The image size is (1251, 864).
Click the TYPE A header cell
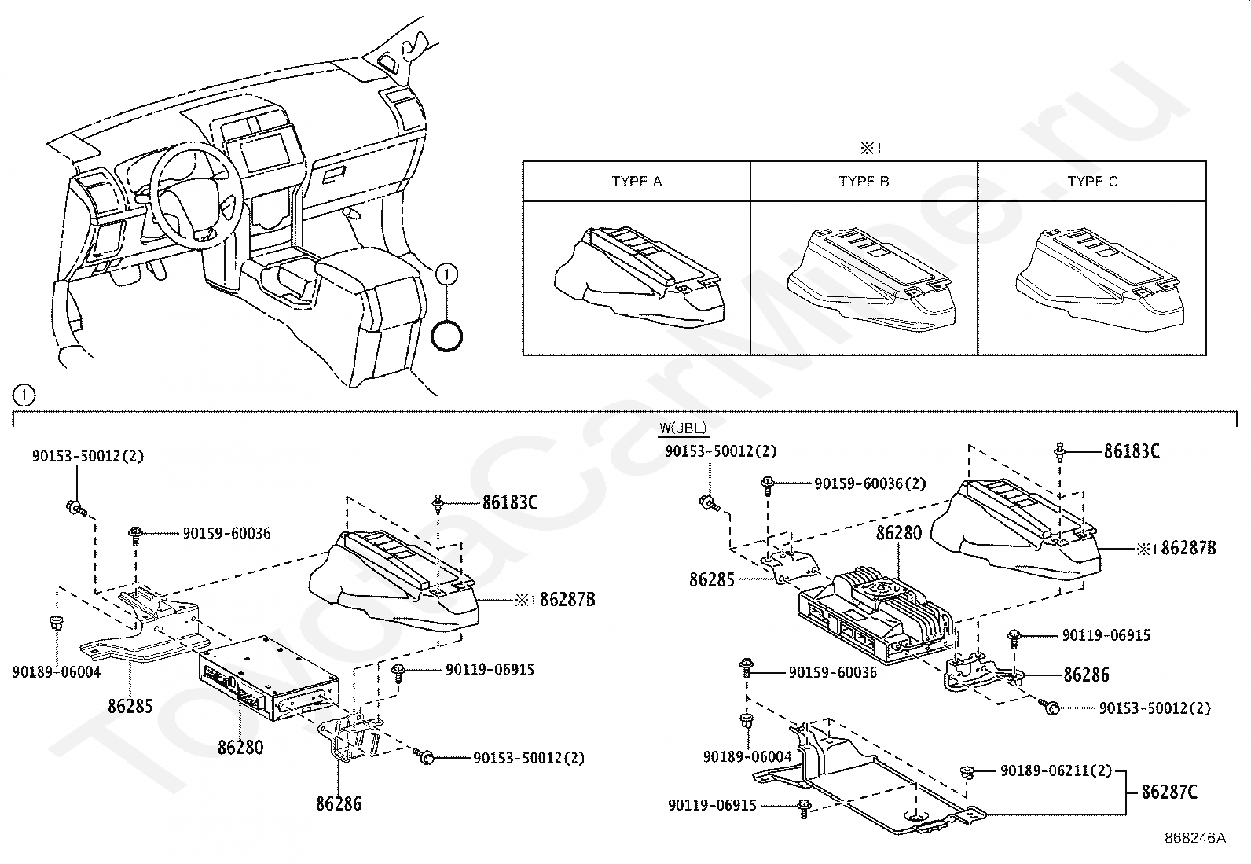click(x=637, y=182)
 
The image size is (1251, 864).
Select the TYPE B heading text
click(x=864, y=182)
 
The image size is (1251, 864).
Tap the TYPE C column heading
click(x=1092, y=182)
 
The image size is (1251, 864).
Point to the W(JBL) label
click(x=683, y=428)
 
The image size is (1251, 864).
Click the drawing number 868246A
click(x=1195, y=838)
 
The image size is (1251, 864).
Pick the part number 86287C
click(x=1169, y=792)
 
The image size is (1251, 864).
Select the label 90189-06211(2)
click(x=1056, y=771)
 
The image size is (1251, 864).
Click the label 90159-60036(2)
click(x=869, y=483)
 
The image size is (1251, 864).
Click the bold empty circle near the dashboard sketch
click(x=447, y=336)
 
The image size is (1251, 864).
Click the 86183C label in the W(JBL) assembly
click(x=1132, y=451)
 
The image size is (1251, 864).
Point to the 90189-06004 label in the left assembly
click(x=57, y=672)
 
